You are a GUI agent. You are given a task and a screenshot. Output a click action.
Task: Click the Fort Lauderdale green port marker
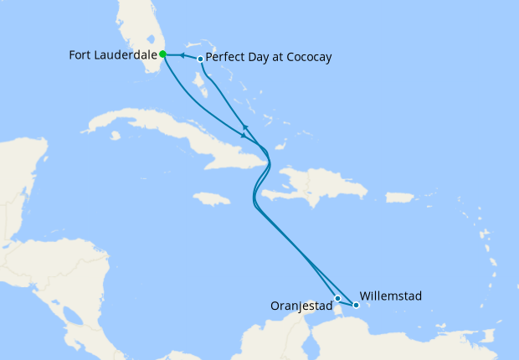point(162,54)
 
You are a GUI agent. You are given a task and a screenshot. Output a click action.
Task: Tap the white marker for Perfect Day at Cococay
point(200,59)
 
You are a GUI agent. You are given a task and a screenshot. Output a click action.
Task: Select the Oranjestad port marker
point(337,298)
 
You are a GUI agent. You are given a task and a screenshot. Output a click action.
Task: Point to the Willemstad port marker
point(356,305)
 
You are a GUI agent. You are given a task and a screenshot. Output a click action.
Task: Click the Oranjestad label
point(301,306)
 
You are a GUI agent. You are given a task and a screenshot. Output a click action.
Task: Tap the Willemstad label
point(391,296)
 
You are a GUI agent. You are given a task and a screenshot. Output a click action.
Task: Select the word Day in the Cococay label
point(258,58)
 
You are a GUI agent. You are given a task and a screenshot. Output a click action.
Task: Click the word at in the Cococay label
point(275,58)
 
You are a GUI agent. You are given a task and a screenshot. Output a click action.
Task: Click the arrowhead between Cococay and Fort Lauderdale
point(181,56)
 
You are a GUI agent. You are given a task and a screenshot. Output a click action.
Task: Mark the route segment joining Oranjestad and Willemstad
point(347,301)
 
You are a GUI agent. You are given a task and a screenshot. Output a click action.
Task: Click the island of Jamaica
point(211,198)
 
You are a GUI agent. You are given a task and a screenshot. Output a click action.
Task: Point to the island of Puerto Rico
point(400,198)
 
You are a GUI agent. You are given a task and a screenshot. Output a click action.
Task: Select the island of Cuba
point(167,134)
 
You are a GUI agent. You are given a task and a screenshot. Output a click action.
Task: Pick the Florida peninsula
point(151,33)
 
